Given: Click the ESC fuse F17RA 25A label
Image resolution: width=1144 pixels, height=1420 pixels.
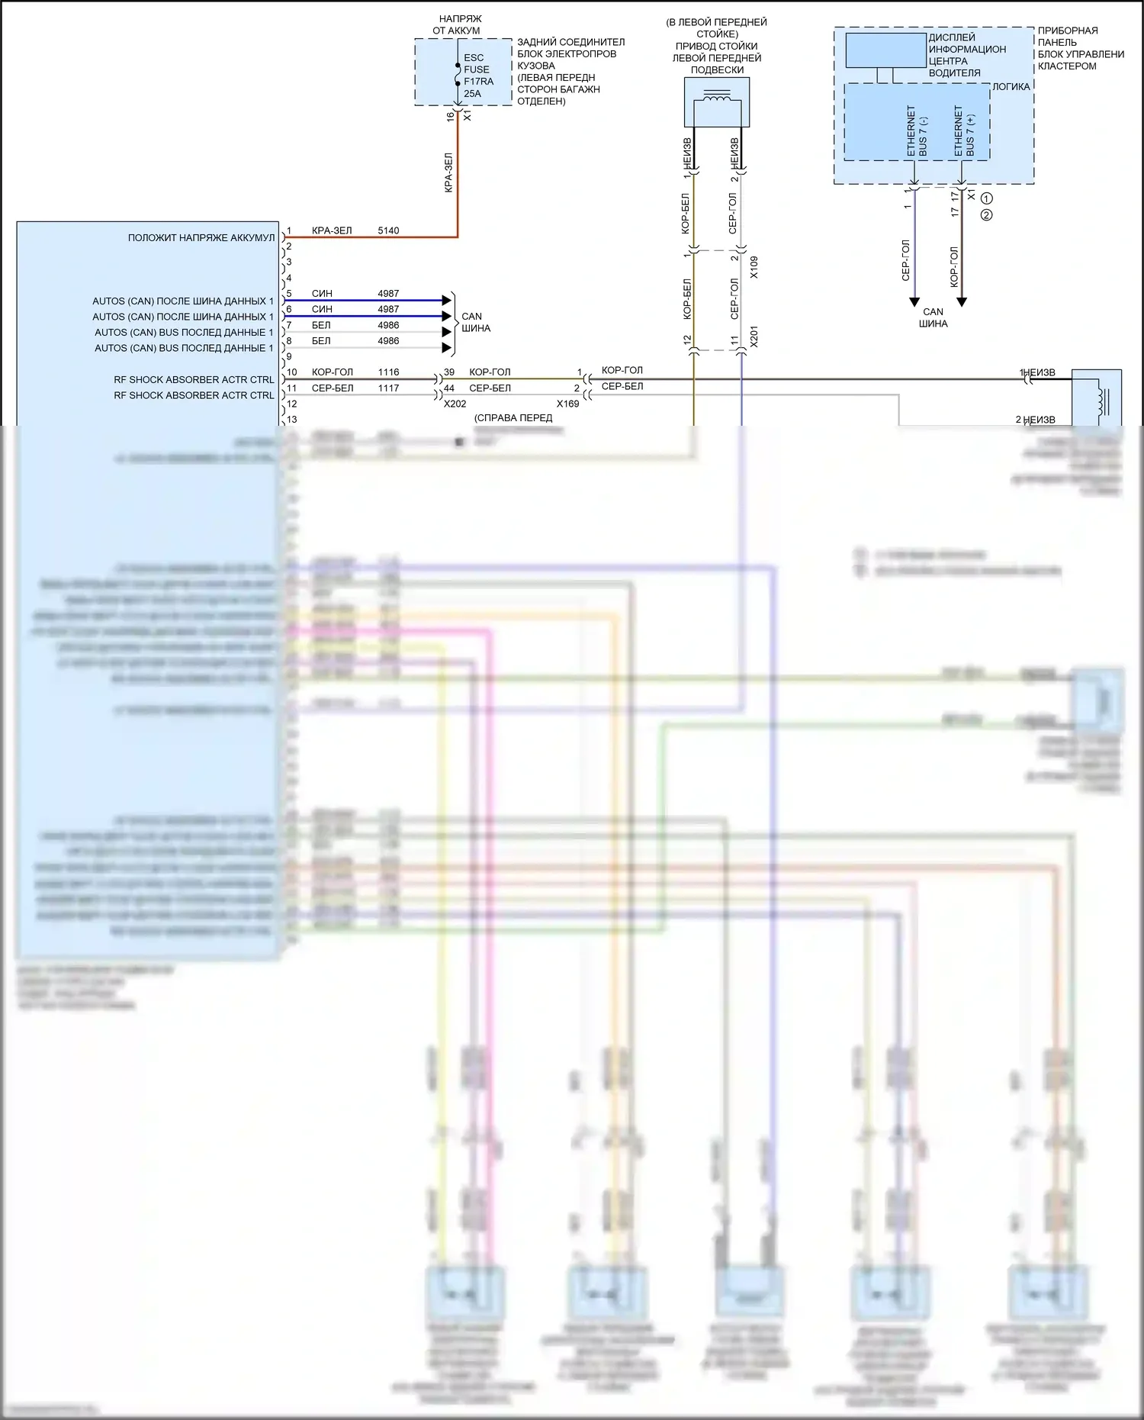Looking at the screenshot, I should (x=478, y=76).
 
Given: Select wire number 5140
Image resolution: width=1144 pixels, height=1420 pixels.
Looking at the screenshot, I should (x=388, y=230).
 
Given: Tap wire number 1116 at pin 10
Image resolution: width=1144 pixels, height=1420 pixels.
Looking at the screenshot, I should (x=388, y=372).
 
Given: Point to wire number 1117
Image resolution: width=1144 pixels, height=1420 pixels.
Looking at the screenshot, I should (x=388, y=388).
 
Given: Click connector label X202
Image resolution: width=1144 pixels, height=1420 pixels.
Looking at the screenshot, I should (x=455, y=404).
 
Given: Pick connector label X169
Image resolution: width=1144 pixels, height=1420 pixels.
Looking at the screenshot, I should (x=567, y=404).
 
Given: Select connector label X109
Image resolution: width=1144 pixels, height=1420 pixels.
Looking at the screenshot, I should (x=754, y=267).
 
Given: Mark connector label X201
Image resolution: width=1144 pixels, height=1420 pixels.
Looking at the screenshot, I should (x=754, y=336).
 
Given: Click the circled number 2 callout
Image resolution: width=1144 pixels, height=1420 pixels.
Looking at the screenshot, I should (x=986, y=215).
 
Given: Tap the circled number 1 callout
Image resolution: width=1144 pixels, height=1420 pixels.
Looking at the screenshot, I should (x=986, y=198).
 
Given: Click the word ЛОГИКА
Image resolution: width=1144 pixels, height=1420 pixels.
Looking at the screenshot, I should (x=1011, y=87).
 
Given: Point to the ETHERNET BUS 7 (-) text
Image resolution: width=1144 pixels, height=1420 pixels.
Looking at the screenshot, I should (x=917, y=131).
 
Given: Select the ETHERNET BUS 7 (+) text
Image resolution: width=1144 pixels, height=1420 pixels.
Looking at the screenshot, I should (x=964, y=131).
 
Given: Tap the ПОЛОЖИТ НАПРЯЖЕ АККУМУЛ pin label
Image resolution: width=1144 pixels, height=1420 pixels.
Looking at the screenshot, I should (x=201, y=238).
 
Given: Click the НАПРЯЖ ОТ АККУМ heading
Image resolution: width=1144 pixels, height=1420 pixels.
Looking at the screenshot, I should (x=459, y=24).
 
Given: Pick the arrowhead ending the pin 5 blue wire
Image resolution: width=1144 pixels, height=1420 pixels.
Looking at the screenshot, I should (x=447, y=301).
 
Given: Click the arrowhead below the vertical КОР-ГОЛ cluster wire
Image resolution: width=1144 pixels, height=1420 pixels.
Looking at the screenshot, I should (x=962, y=302).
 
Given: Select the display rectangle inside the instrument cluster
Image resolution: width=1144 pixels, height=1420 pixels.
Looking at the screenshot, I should (x=885, y=50).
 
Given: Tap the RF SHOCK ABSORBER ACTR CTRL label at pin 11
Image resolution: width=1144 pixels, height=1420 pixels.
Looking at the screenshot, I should (x=194, y=395).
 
